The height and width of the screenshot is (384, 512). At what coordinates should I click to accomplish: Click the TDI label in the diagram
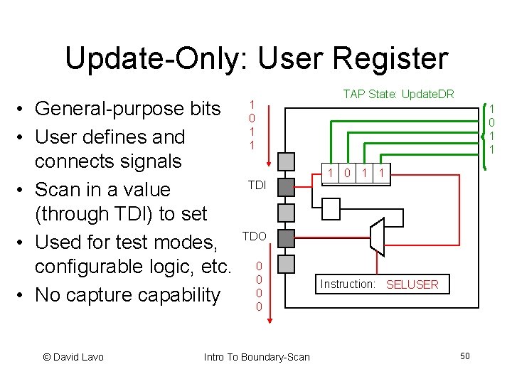point(256,186)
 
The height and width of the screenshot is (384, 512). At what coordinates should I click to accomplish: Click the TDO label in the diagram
point(255,236)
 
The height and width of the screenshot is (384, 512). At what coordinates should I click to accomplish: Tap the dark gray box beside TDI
point(285,187)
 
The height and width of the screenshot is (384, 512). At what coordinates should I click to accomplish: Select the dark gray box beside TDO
point(285,238)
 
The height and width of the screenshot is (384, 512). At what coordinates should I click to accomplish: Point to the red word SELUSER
point(412,284)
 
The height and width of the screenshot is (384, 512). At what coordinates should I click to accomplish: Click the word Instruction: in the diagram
point(348,284)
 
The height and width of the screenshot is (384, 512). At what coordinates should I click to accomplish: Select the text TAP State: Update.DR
point(398,94)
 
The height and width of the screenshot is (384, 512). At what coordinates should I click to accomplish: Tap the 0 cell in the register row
point(346,172)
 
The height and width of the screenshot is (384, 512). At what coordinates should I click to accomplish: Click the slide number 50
point(465,356)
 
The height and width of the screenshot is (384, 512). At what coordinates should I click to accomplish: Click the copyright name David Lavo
point(79,356)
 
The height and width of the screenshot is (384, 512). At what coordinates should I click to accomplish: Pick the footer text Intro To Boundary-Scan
point(257,356)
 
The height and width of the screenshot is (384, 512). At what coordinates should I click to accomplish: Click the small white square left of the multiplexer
point(332,208)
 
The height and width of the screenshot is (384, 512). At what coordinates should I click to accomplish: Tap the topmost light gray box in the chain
point(285,161)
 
